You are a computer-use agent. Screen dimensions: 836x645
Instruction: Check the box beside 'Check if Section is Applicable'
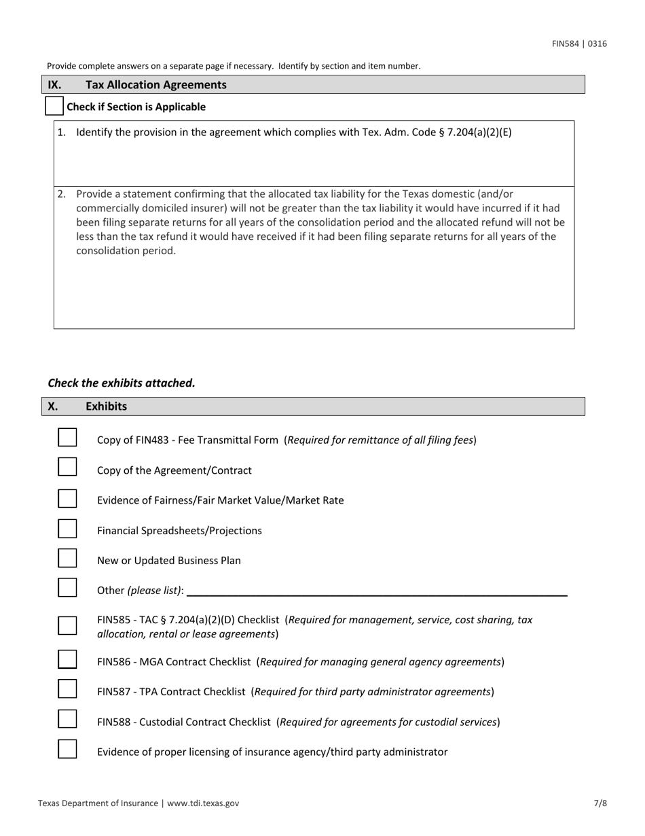coord(54,106)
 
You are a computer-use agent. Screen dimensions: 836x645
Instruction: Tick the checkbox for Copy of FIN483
coord(67,437)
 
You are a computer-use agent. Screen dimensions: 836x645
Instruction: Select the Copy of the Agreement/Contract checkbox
coord(67,468)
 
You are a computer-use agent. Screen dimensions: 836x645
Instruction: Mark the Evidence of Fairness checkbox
coord(67,498)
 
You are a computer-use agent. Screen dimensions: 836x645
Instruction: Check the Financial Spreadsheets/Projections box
coord(67,528)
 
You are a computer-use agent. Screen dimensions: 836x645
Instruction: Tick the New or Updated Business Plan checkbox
coord(67,558)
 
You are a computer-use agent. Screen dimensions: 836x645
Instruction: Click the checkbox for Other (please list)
coord(67,588)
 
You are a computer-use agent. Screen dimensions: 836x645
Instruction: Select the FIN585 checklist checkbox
coord(67,625)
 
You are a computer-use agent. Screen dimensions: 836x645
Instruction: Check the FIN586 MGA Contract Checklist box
coord(67,659)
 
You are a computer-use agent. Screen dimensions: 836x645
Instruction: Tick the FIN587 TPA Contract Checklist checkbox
coord(67,689)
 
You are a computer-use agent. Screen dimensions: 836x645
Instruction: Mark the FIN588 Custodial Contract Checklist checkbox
coord(67,719)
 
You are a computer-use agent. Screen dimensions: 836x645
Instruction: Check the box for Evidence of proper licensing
coord(67,750)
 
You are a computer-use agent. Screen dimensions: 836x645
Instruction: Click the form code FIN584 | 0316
coord(579,44)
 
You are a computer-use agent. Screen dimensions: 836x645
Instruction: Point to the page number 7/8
coord(600,803)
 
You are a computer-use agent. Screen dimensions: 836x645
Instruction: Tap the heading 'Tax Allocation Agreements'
coord(156,85)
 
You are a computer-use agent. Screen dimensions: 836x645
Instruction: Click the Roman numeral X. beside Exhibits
coord(53,406)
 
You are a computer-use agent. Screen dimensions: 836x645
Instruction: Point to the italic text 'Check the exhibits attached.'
coord(122,383)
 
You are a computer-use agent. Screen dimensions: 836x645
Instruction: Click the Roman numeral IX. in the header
coord(54,85)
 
